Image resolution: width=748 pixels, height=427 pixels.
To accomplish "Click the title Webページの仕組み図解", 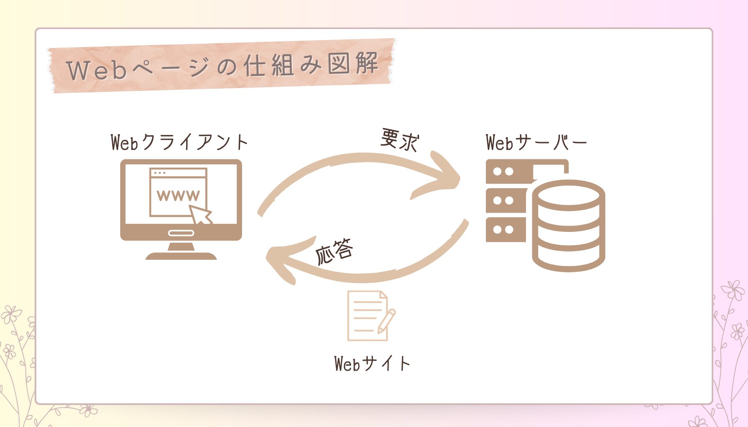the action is coord(222,67).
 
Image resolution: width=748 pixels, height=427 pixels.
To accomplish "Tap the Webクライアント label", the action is coord(179,142).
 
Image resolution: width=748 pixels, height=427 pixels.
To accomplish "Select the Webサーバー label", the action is coord(536,142).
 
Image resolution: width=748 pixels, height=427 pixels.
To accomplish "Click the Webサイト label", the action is coord(372,363).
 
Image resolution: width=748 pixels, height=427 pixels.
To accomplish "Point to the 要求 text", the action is coord(399,140).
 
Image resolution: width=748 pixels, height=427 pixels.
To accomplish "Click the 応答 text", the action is coord(334,251).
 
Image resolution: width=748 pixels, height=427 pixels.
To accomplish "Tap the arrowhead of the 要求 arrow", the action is coord(438,177).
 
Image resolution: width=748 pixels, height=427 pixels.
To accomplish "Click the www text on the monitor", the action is coord(178,196).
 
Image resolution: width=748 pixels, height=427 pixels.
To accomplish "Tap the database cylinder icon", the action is coord(569,226).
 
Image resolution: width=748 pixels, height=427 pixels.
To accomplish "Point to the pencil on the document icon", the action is coord(387,321).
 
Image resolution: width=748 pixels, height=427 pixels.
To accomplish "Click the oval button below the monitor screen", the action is coord(181,233).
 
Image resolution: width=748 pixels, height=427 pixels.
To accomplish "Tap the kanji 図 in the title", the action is coord(339,64).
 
